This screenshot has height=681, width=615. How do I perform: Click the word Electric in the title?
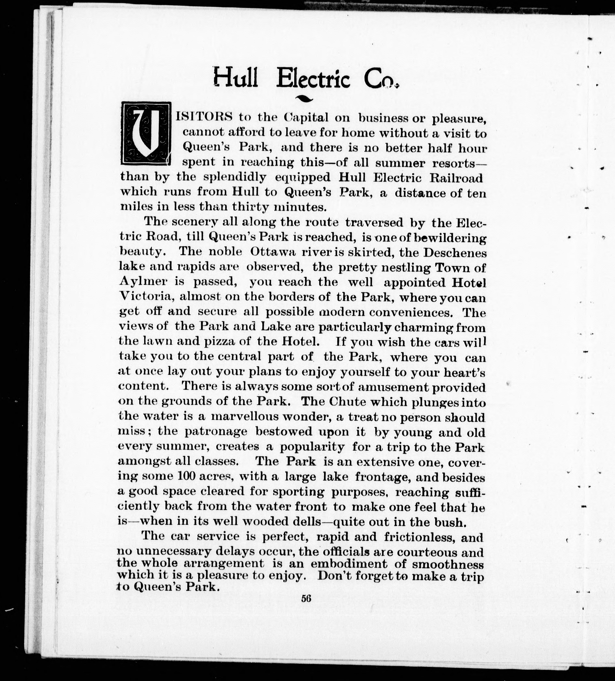click(313, 79)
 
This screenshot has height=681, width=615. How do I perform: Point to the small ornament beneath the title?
click(304, 99)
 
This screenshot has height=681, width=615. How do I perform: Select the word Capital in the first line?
click(306, 118)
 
